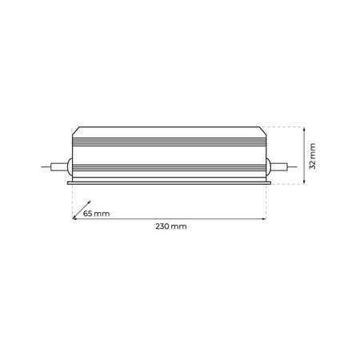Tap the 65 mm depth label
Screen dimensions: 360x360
[96, 214]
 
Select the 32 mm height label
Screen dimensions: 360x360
[314, 158]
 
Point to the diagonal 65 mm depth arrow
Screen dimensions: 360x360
[78, 211]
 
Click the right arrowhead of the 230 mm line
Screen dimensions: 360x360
[265, 218]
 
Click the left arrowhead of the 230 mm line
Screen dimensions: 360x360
[74, 218]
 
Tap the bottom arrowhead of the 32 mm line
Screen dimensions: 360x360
[306, 182]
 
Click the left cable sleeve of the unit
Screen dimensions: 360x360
[58, 168]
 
